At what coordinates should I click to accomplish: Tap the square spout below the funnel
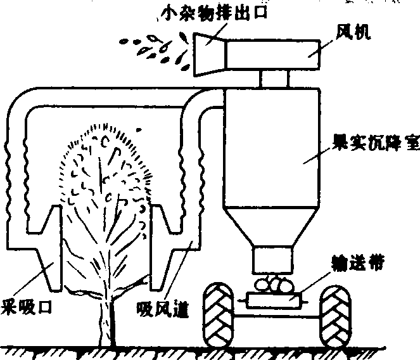[x=274, y=259]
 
